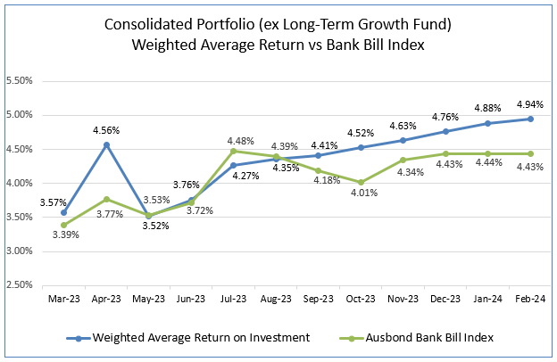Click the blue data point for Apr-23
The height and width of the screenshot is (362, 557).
pos(106,144)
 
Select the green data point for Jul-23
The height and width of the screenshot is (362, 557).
pos(233,151)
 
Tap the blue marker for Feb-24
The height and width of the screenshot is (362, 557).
pos(530,119)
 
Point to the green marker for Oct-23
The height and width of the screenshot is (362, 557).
pos(361,182)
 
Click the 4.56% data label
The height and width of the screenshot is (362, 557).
pos(106,130)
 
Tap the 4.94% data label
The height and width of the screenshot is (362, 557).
pos(530,103)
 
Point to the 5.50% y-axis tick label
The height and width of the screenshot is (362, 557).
pos(20,80)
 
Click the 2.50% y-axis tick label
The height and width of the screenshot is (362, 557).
pos(20,284)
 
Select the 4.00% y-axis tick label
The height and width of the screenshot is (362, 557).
pos(20,183)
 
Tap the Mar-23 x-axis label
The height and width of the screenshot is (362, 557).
pos(63,300)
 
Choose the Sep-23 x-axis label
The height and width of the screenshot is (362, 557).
pos(318,300)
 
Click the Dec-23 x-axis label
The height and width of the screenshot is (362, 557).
pos(445,300)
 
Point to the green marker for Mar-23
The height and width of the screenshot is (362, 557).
pos(63,225)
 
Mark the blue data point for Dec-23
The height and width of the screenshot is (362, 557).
pos(445,131)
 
